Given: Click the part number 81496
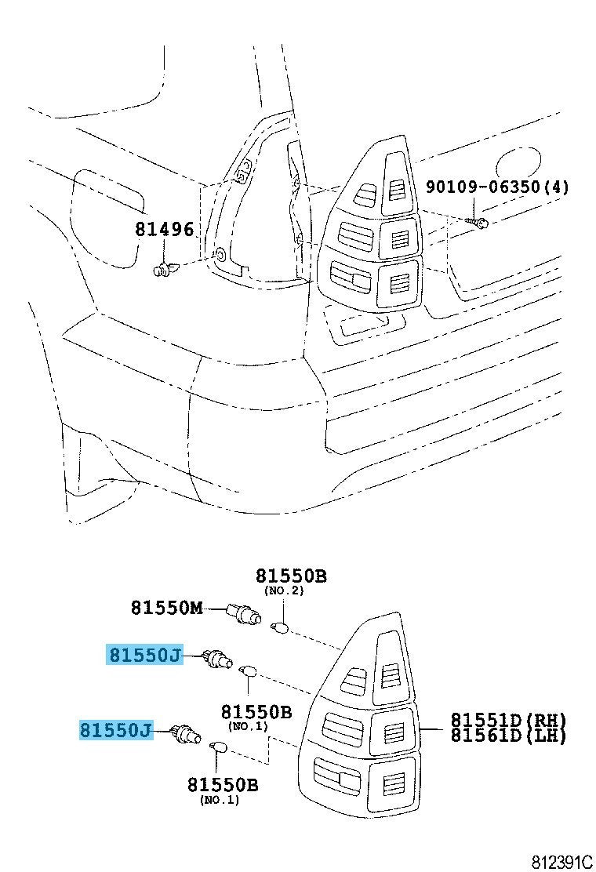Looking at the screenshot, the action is [x=165, y=229].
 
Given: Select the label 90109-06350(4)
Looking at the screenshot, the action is [x=498, y=187].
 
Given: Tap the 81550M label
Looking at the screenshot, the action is [x=167, y=607].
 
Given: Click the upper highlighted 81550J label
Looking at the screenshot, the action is [x=144, y=655].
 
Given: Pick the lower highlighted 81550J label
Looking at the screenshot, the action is [x=115, y=729].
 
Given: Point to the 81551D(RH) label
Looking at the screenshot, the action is [x=508, y=720].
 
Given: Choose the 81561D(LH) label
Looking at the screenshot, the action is [x=508, y=736].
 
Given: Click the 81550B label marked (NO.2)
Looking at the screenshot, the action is [x=291, y=576].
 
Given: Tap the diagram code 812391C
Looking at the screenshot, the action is [x=562, y=862].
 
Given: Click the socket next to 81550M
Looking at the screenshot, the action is [x=244, y=614].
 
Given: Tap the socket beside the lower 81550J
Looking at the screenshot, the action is [x=187, y=734].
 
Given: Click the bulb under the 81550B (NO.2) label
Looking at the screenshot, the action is [x=281, y=628].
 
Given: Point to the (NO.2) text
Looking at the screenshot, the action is [x=284, y=590].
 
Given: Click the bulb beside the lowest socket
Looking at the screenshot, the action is [x=216, y=745].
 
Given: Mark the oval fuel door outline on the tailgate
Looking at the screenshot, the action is [x=518, y=162].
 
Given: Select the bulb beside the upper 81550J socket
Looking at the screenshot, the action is [x=247, y=670].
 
